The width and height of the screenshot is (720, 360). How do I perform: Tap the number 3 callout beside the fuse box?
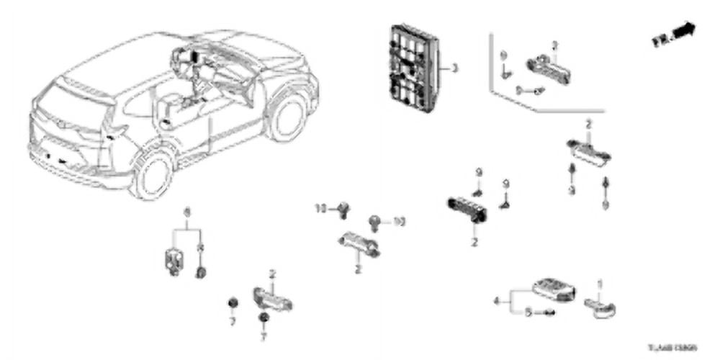click(454, 70)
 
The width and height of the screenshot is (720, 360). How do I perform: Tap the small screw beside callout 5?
click(550, 313)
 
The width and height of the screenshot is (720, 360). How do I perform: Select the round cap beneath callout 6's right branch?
click(201, 271)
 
